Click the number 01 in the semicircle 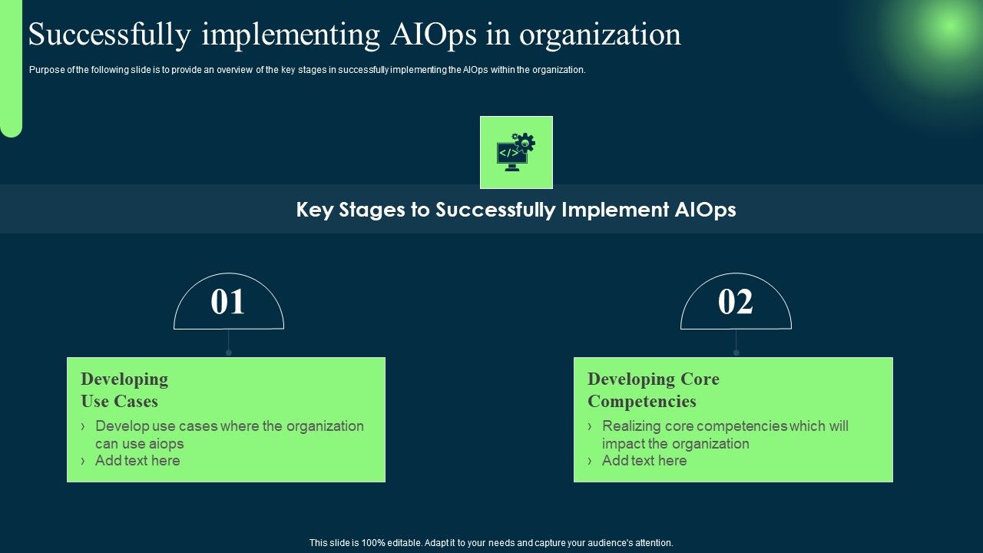point(228,303)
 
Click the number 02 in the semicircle point(735,303)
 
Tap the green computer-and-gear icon point(516,152)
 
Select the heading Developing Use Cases point(124,390)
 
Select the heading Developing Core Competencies point(653,390)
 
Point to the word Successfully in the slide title point(110,35)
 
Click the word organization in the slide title point(600,35)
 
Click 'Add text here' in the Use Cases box point(137,461)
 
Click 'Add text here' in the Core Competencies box point(644,461)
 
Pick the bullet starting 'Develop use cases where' point(229,434)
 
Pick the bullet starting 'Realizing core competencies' point(725,434)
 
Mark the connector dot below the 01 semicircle point(229,353)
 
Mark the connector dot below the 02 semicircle point(736,353)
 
